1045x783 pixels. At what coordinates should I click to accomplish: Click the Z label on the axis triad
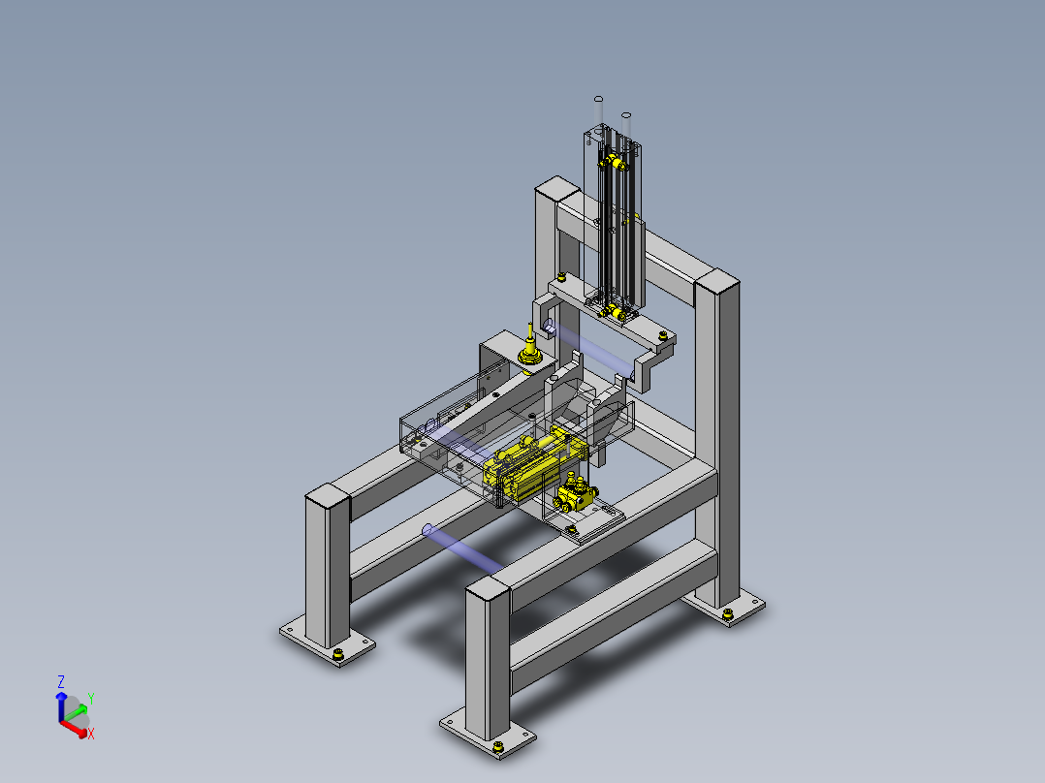pyautogui.click(x=61, y=681)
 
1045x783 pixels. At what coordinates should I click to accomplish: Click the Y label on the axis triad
pyautogui.click(x=91, y=699)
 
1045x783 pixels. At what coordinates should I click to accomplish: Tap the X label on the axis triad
pyautogui.click(x=91, y=734)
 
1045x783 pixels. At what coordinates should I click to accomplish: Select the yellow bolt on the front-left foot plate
pyautogui.click(x=338, y=655)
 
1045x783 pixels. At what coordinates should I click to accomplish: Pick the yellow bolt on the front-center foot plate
pyautogui.click(x=498, y=748)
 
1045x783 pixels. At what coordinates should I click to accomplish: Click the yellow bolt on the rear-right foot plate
pyautogui.click(x=727, y=613)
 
